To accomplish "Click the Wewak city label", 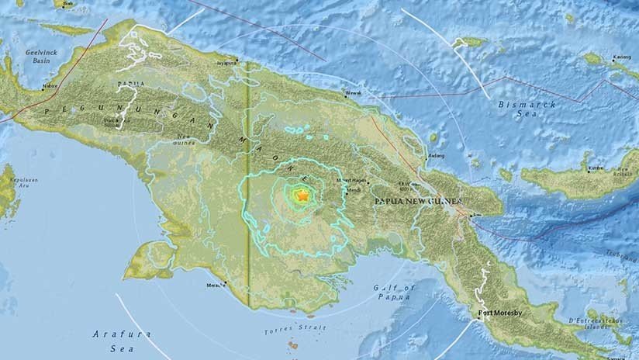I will pos(353,97).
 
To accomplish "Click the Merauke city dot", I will pos(226,282).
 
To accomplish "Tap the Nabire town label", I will pos(50,87).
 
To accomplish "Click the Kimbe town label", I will pos(596,168).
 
